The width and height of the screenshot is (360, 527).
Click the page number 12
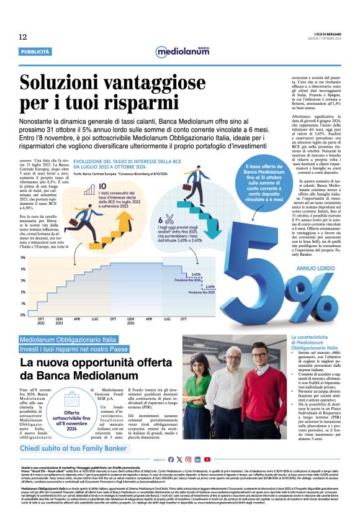[22, 37]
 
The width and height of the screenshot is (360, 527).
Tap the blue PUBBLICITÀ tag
[35, 52]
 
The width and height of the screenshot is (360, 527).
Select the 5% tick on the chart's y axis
[23, 257]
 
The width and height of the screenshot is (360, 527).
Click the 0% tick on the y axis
[23, 315]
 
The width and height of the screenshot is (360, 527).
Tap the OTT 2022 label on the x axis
[42, 322]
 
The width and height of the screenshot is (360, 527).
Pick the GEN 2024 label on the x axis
[131, 322]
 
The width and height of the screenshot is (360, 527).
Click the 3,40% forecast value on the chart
[196, 274]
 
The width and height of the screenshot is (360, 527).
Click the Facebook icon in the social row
[171, 459]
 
